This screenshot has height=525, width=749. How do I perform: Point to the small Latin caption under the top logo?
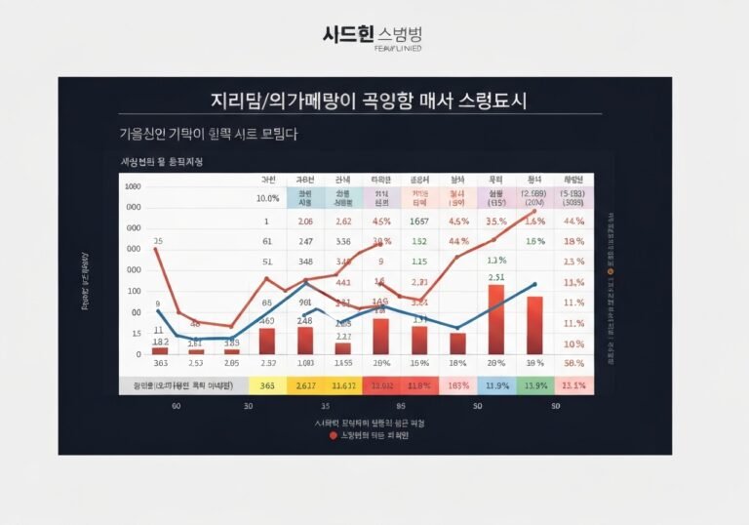click(x=374, y=49)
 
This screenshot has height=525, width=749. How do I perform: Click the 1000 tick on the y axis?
click(x=133, y=186)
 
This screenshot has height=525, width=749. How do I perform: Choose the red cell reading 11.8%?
click(x=418, y=386)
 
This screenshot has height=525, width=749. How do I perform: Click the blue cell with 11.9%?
click(x=496, y=386)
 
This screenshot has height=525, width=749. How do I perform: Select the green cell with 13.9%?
click(x=534, y=386)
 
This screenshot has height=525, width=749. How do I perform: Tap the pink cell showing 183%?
click(x=457, y=386)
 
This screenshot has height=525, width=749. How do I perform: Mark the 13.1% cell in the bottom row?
click(x=573, y=386)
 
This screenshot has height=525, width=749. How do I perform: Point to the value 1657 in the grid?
click(x=419, y=222)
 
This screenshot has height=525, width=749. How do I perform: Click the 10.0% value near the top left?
click(x=267, y=199)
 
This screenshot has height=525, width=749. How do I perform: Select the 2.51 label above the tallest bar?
click(x=495, y=277)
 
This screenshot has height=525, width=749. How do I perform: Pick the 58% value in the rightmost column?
click(x=573, y=363)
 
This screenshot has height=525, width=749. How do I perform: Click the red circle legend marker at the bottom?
click(x=334, y=435)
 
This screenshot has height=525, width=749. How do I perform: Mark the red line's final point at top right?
click(x=534, y=211)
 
